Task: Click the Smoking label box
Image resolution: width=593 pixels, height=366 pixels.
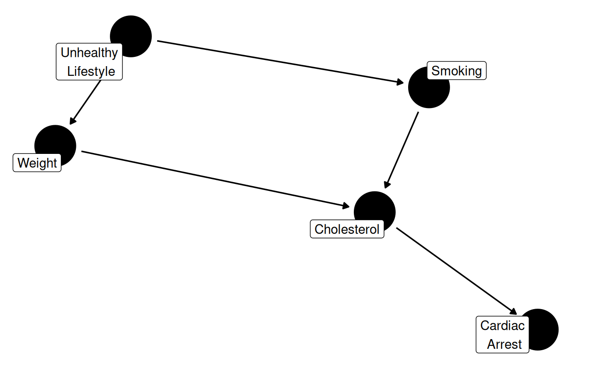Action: coord(457,71)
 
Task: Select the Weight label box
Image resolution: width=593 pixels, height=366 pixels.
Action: coord(37,163)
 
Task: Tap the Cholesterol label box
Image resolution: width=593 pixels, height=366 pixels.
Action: coord(347,229)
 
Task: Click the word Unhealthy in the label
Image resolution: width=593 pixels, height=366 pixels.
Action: coord(89,53)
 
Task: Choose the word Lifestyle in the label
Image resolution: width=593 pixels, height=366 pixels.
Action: coord(91,71)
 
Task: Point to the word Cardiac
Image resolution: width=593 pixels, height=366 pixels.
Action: coord(502,325)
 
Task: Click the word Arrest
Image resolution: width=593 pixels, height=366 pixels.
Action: coord(504,344)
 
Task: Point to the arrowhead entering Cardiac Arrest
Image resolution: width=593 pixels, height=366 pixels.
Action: coord(513,311)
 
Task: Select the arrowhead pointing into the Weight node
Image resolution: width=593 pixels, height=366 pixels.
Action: coord(72,121)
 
